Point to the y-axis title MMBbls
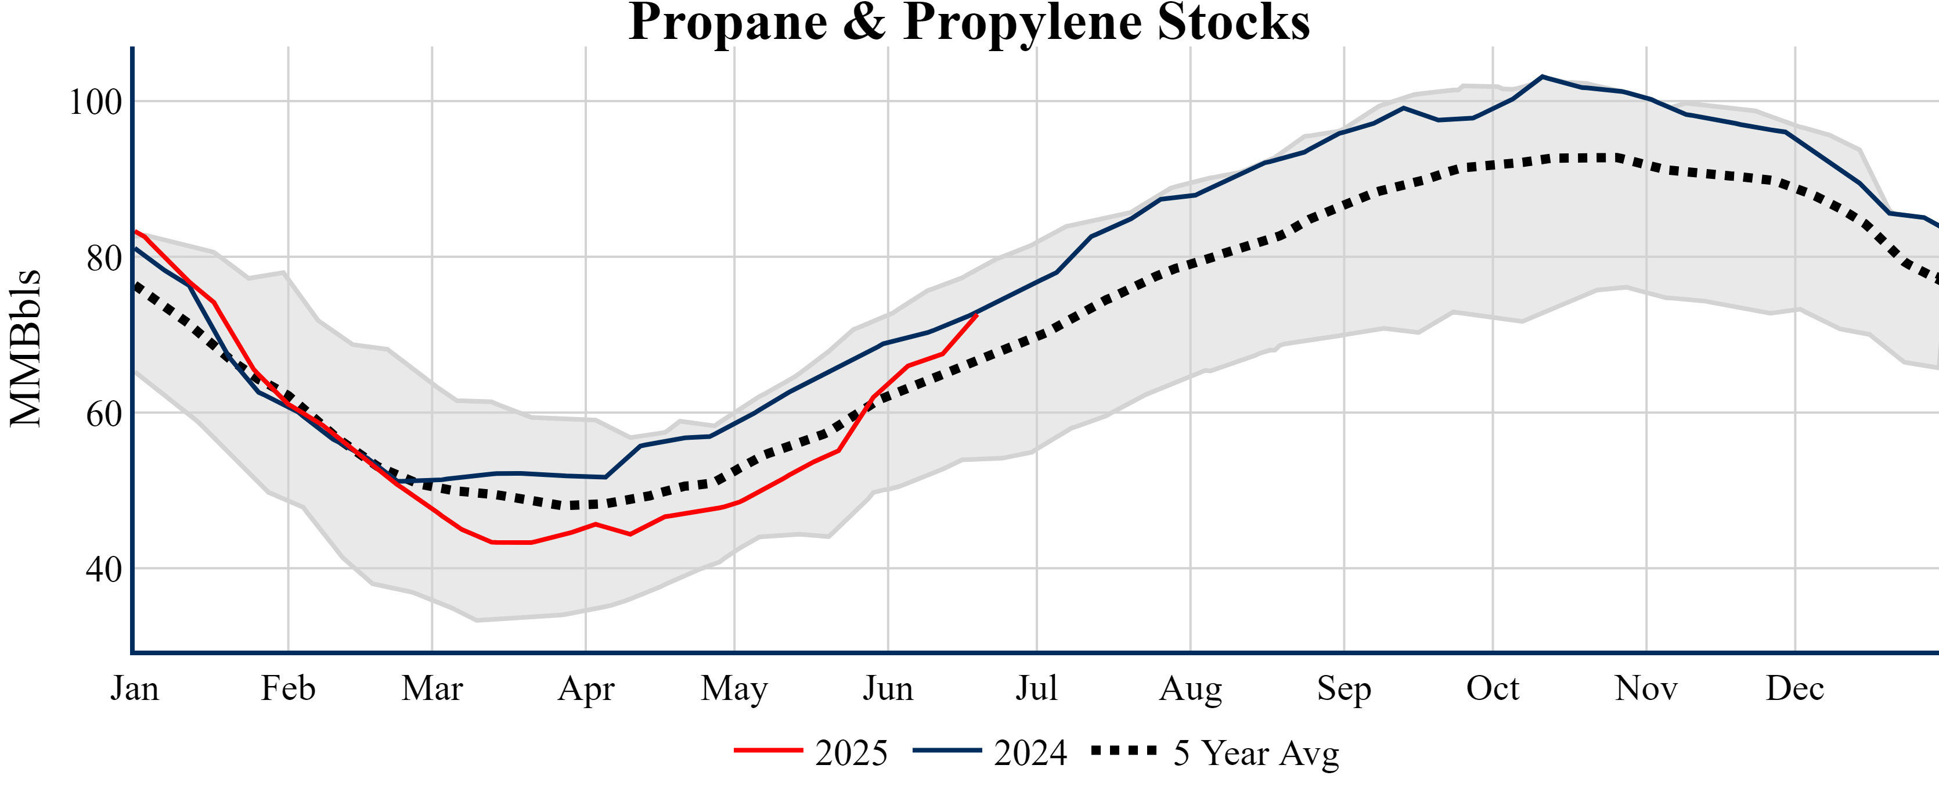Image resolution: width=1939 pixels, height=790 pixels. click(x=26, y=348)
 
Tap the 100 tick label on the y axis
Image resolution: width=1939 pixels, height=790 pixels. click(x=96, y=102)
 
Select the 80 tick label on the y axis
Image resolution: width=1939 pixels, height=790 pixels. click(x=104, y=258)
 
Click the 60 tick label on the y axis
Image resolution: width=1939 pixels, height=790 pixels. click(x=104, y=414)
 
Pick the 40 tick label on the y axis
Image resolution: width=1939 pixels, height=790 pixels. click(x=104, y=569)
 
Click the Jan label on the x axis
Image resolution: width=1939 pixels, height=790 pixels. click(x=135, y=688)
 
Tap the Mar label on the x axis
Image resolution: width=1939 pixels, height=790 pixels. click(x=432, y=688)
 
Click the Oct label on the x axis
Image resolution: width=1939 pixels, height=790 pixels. click(x=1493, y=688)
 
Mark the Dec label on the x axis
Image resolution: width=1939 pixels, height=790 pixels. click(x=1794, y=688)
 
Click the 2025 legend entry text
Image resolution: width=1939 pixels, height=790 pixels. click(x=851, y=752)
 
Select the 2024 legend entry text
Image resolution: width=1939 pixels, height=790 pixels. click(x=1030, y=752)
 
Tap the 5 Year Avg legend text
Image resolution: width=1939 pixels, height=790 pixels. click(x=1256, y=752)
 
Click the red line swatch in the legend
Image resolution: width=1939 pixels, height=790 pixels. click(x=769, y=750)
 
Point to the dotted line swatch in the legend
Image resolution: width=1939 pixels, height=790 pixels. click(x=1124, y=750)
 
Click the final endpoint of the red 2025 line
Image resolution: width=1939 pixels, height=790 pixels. click(x=977, y=315)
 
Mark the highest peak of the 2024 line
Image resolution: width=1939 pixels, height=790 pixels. click(x=1542, y=77)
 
